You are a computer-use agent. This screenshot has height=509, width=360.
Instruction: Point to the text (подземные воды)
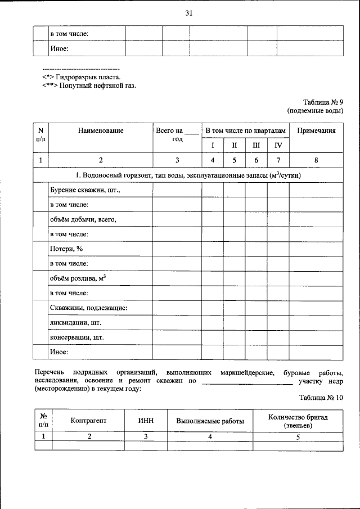pyautogui.click(x=315, y=111)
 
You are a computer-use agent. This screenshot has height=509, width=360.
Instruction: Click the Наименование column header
pyautogui.click(x=101, y=130)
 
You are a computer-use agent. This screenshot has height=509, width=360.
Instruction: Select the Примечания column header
pyautogui.click(x=316, y=130)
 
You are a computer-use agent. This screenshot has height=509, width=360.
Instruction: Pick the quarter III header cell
pyautogui.click(x=256, y=145)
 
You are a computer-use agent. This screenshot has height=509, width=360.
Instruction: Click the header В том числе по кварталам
pyautogui.click(x=245, y=130)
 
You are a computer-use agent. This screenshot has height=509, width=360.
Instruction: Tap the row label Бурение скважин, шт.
pyautogui.click(x=85, y=191)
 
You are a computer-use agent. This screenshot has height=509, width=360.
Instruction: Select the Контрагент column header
pyautogui.click(x=88, y=420)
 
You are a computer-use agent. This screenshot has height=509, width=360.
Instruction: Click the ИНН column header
pyautogui.click(x=146, y=420)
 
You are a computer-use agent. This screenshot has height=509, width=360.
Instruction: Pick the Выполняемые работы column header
pyautogui.click(x=210, y=420)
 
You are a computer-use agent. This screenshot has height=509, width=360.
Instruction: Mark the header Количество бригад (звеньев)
pyautogui.click(x=298, y=420)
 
